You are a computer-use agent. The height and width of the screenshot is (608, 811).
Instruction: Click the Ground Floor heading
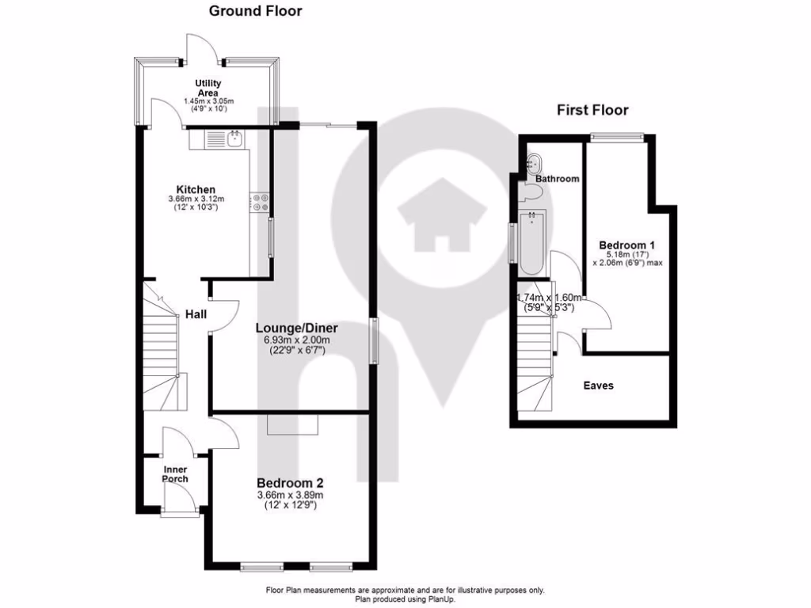pos(255,11)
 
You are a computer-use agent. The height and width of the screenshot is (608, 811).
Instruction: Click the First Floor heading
pos(592,110)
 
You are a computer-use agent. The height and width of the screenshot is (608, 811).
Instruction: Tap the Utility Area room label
pos(208,88)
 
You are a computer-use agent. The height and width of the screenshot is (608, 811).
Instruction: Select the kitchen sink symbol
pos(234,139)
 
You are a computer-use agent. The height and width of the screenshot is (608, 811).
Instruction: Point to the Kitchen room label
pos(195,189)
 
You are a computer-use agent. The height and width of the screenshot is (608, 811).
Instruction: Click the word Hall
pos(196,314)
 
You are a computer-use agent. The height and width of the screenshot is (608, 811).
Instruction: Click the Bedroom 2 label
pos(289,482)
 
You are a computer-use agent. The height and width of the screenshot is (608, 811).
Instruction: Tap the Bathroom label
pos(557,179)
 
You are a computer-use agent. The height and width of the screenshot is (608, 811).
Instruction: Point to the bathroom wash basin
pos(533,163)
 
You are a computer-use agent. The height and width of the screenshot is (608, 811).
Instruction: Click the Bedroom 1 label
pos(626,245)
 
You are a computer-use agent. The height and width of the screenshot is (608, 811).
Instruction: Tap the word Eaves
pos(598,386)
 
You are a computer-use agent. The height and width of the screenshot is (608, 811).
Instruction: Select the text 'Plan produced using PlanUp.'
pos(405,599)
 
